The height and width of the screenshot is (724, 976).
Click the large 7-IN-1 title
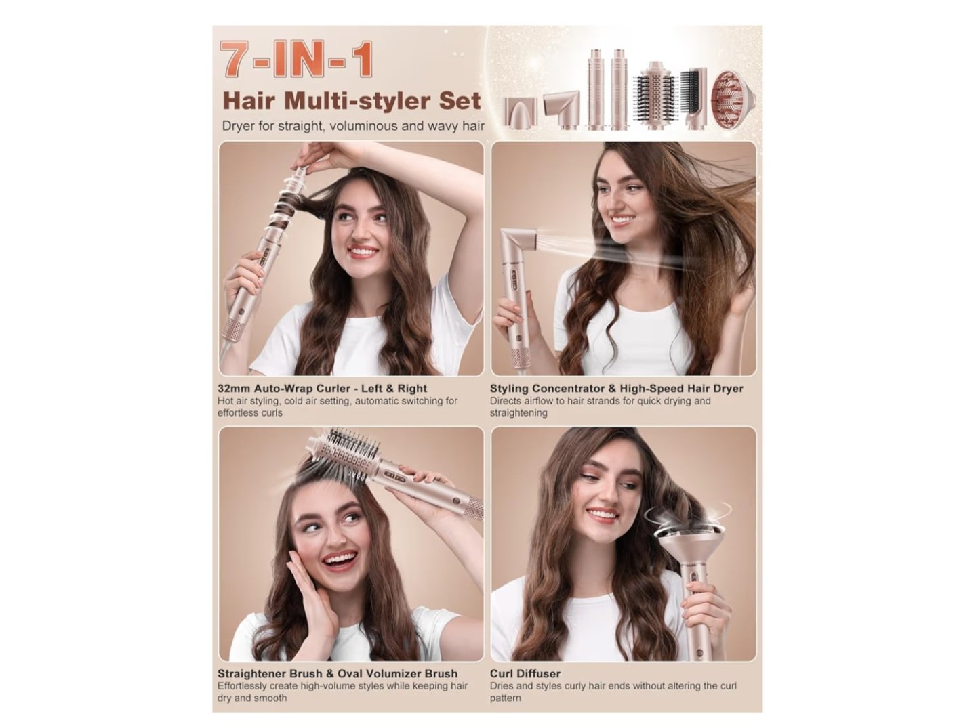297,59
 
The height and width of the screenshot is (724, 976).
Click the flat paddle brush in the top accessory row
694,98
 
